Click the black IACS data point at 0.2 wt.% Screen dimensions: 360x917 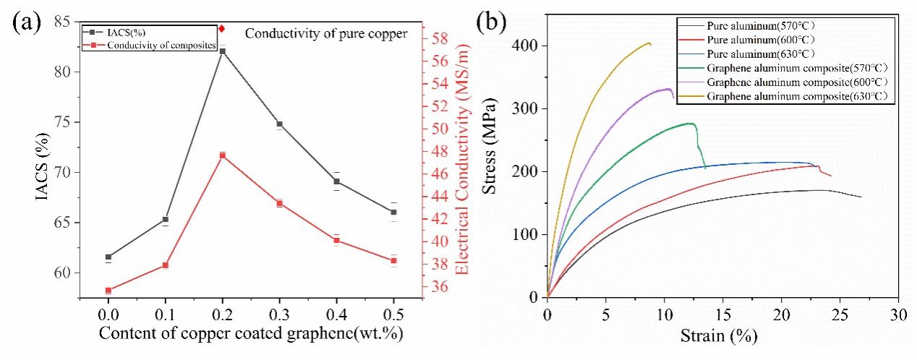(x=222, y=51)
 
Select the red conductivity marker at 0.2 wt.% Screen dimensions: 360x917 (x=222, y=155)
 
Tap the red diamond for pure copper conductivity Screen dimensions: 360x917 (x=222, y=29)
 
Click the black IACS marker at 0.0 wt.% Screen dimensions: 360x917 (x=108, y=257)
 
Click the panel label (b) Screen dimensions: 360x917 (x=491, y=22)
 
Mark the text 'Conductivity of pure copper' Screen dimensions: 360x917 (x=326, y=33)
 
